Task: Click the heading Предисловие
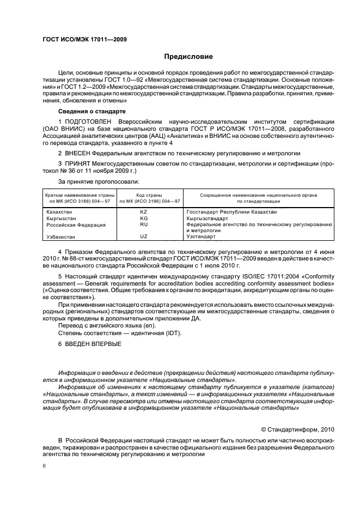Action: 188,56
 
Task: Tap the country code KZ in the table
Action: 144,211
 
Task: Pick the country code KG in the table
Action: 144,217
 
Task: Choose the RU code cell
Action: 144,224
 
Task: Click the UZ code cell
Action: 144,236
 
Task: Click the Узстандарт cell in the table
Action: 201,237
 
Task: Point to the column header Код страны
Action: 144,195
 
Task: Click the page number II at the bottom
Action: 45,466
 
